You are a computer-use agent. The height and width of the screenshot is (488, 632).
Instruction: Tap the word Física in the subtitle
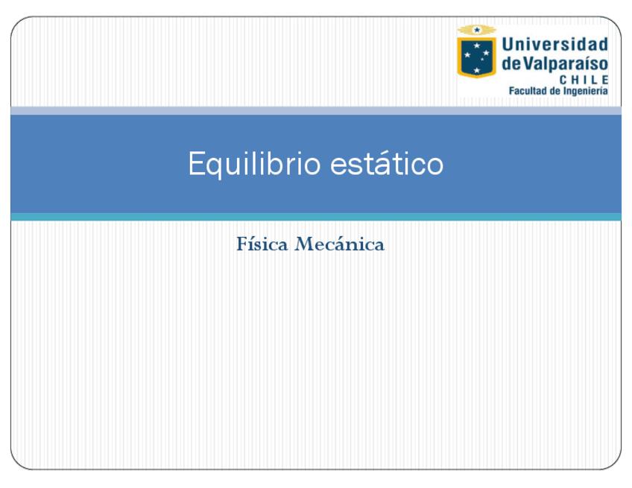coord(262,244)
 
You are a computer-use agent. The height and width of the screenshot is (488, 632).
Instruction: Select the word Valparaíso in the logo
coord(566,63)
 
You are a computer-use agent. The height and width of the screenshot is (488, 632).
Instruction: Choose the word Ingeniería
coord(585,91)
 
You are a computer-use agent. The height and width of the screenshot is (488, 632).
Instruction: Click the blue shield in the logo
coord(476,57)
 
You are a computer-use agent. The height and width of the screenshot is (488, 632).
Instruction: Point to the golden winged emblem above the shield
coord(476,30)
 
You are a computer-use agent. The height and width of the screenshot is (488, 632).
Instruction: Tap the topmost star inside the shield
coord(477,45)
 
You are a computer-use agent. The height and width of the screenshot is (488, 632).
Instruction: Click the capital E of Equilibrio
coord(196,164)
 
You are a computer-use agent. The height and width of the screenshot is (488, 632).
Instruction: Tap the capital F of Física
coord(241,244)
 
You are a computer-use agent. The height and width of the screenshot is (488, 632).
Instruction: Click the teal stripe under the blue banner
coord(316,217)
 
